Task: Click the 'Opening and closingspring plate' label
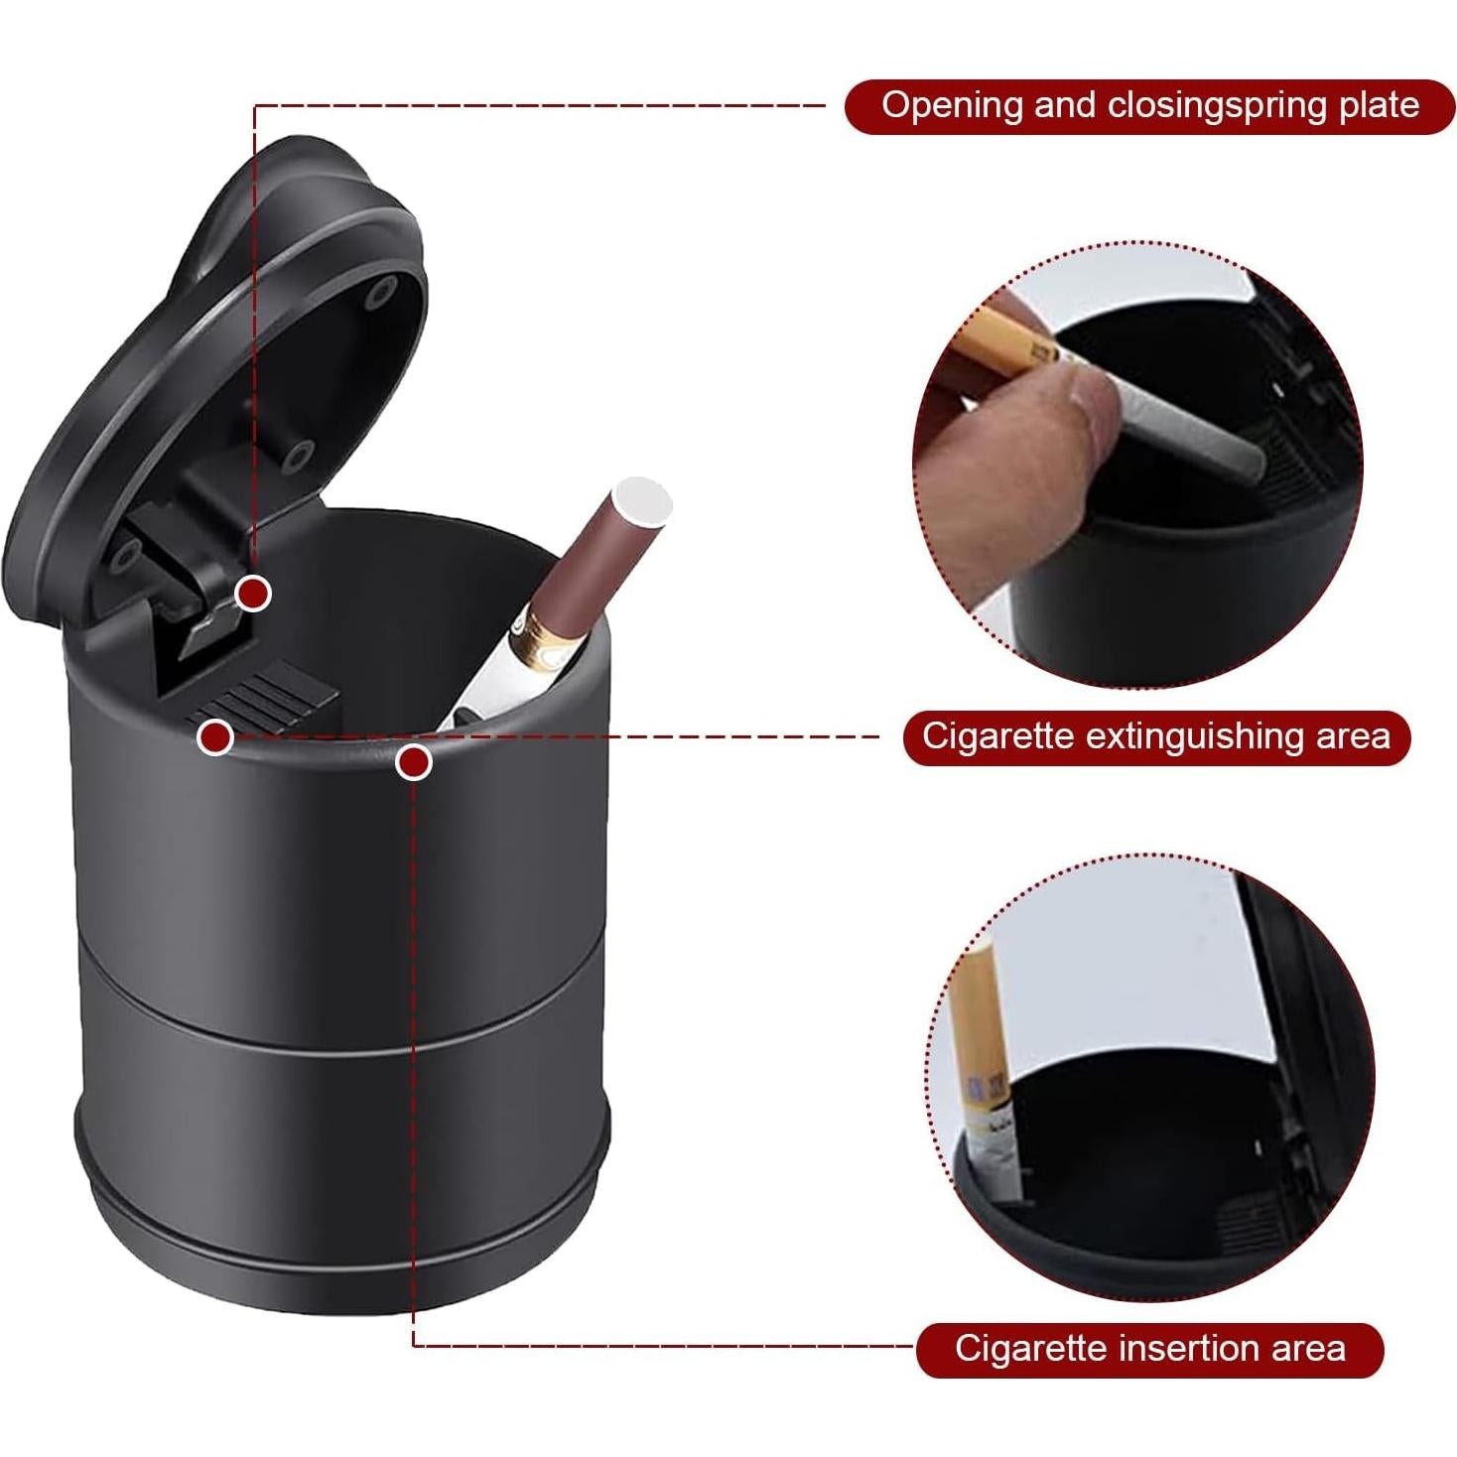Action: pos(1149,106)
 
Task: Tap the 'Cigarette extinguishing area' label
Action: pos(1156,736)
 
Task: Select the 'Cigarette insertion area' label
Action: pos(1149,1349)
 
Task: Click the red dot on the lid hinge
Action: pos(254,594)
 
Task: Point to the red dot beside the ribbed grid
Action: pos(215,737)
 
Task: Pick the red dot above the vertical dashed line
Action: pos(413,762)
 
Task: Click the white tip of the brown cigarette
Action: pos(642,498)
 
